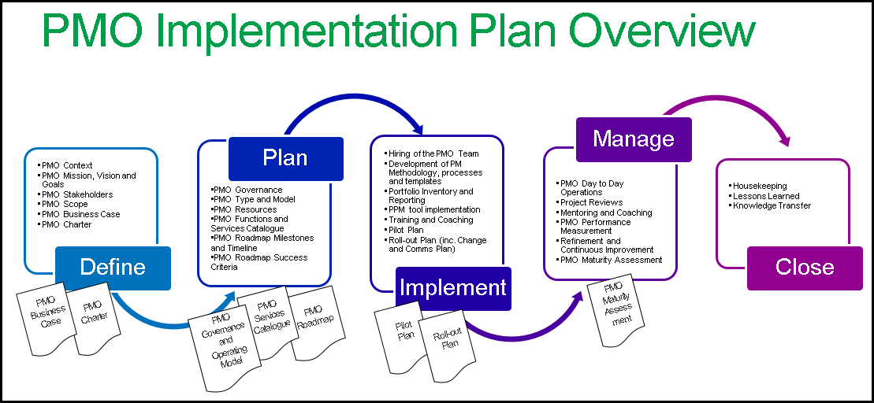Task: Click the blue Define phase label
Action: click(113, 268)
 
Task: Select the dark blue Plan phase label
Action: click(285, 158)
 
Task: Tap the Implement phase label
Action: click(452, 288)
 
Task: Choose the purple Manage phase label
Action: click(634, 139)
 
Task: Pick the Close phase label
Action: click(805, 268)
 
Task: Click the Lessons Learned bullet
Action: click(765, 196)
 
